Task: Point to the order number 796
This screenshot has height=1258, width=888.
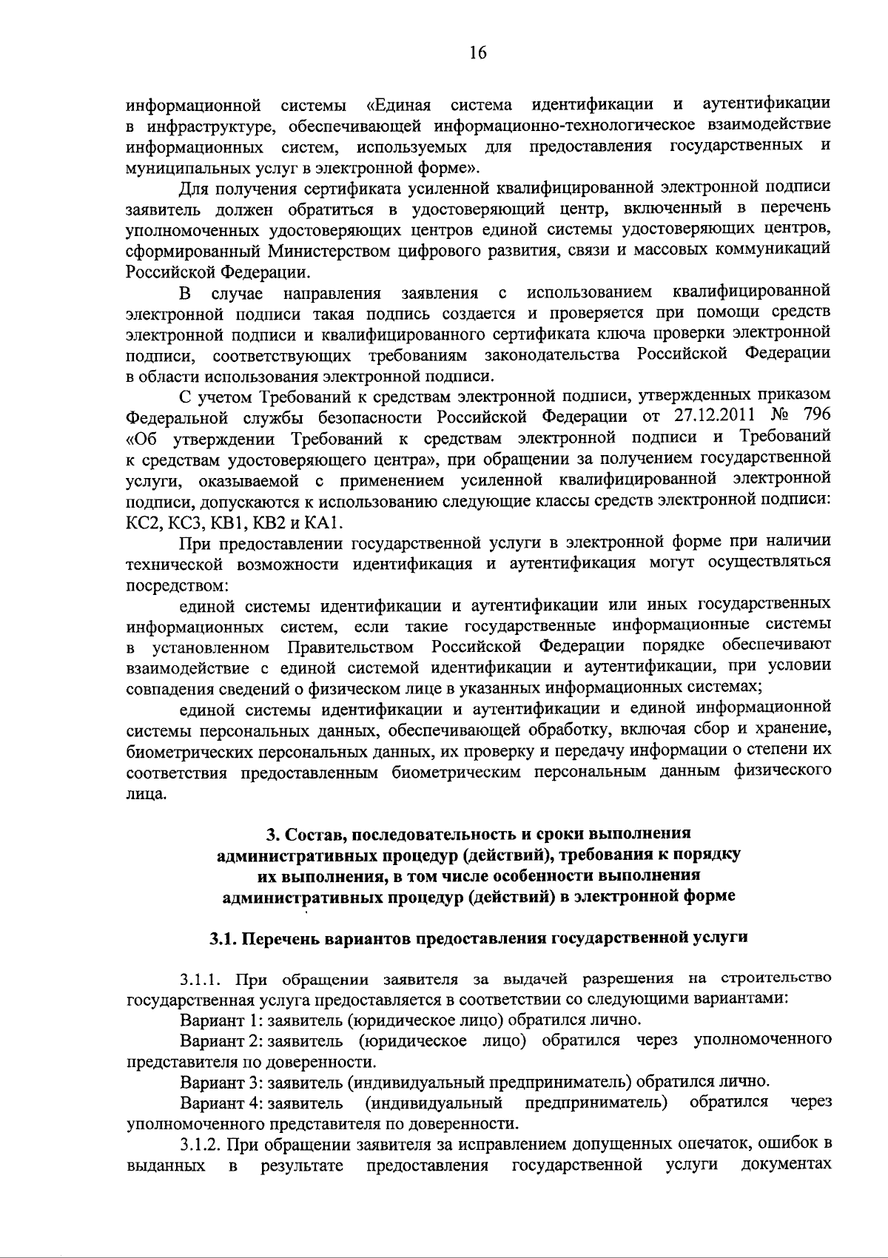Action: tap(816, 414)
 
